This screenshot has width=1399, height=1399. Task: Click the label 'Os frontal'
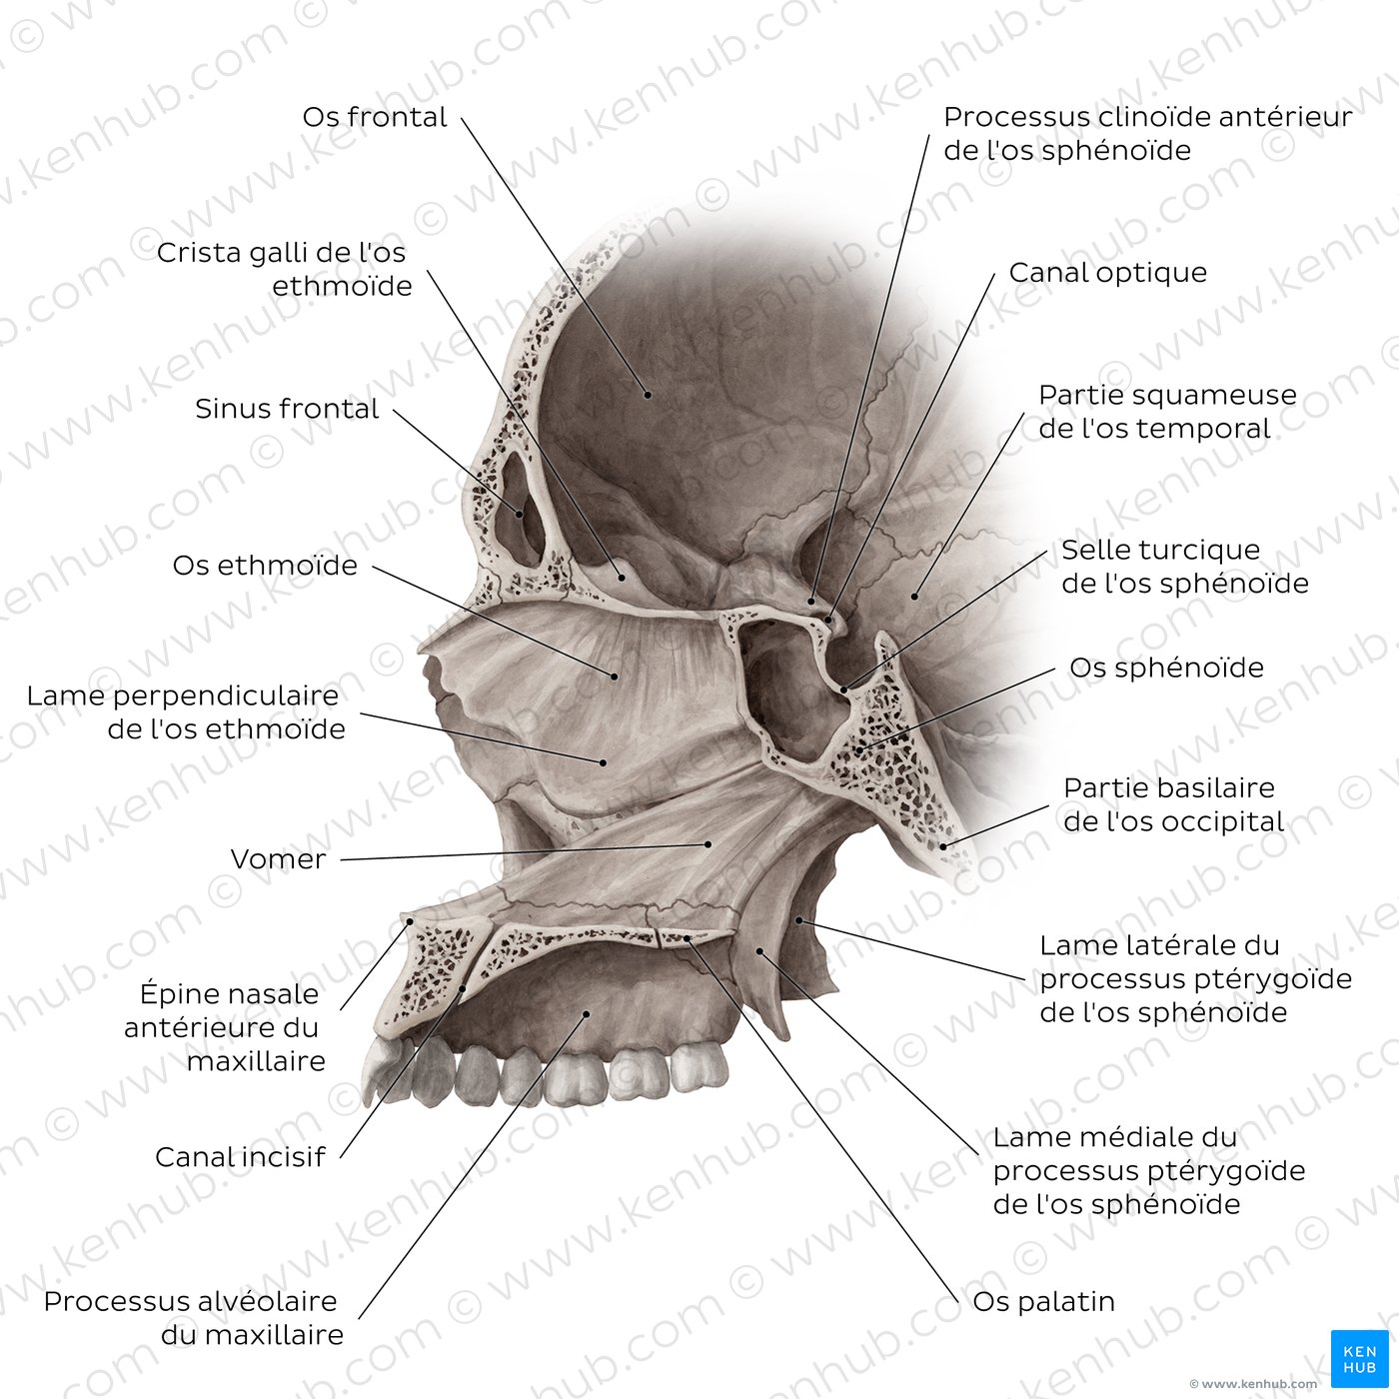(x=374, y=117)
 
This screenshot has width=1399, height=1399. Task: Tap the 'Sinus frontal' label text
(x=287, y=409)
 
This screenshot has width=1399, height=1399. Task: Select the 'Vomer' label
(x=278, y=858)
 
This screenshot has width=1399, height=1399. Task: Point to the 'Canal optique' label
(x=1108, y=273)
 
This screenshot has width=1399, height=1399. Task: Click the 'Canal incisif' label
(x=240, y=1157)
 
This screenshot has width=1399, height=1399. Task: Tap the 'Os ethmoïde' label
(x=265, y=566)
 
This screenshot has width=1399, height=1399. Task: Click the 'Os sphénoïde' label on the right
(x=1167, y=668)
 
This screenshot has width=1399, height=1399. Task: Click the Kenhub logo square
(x=1360, y=1358)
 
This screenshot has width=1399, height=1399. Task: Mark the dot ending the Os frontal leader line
(x=648, y=394)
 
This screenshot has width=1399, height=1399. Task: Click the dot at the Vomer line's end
(x=707, y=843)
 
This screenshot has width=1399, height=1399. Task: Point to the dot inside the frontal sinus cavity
(x=519, y=514)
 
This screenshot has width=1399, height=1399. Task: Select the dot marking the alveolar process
(x=587, y=1014)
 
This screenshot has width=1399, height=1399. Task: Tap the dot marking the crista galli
(x=623, y=578)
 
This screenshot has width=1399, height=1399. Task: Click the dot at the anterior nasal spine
(x=410, y=922)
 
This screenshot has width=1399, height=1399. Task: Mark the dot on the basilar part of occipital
(x=943, y=845)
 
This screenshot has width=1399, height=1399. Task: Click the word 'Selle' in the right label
(x=1092, y=550)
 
